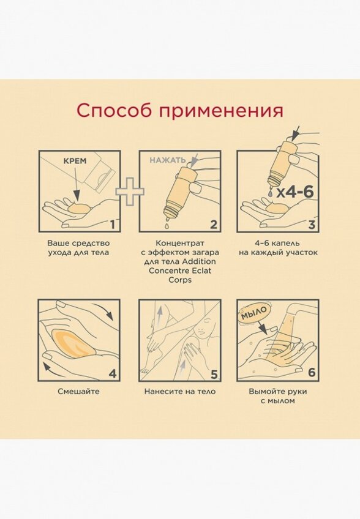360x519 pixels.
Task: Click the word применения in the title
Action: click(221, 111)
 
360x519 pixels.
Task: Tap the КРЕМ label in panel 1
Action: click(75, 161)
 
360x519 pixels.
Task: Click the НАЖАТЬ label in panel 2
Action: click(168, 160)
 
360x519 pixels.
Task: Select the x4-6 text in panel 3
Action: click(295, 192)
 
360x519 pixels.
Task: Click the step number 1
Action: click(113, 225)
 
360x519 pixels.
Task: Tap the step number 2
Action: click(214, 225)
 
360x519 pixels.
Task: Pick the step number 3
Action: click(312, 225)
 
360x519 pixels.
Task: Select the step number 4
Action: click(113, 374)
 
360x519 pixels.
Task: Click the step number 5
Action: click(214, 375)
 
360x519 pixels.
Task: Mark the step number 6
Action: click(312, 373)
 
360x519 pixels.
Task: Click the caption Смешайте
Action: click(78, 391)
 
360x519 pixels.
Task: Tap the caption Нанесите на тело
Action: click(180, 391)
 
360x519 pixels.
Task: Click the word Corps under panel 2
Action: click(180, 280)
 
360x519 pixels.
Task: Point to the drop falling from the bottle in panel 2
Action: click(165, 225)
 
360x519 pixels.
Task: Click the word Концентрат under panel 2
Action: click(180, 244)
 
